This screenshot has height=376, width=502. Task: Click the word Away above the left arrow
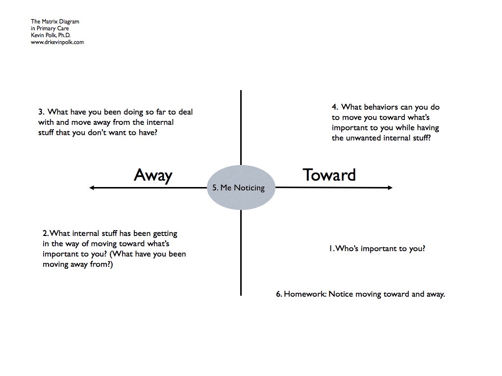click(x=153, y=175)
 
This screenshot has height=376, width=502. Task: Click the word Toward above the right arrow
click(x=329, y=175)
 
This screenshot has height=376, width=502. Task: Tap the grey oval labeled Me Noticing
click(x=241, y=188)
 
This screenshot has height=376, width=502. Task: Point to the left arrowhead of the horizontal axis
click(x=92, y=188)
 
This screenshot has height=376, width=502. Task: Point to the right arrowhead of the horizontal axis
click(x=390, y=188)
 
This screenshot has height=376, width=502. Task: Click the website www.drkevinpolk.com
click(x=57, y=42)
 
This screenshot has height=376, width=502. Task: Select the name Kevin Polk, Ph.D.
click(x=51, y=35)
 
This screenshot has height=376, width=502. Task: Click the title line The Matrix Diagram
click(x=55, y=22)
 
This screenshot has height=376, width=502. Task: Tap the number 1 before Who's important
click(x=331, y=249)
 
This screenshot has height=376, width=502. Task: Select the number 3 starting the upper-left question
click(x=41, y=112)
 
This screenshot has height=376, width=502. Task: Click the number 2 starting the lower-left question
click(x=45, y=234)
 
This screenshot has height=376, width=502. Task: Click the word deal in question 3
click(x=186, y=112)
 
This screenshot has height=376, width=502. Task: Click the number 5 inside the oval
click(x=215, y=188)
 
